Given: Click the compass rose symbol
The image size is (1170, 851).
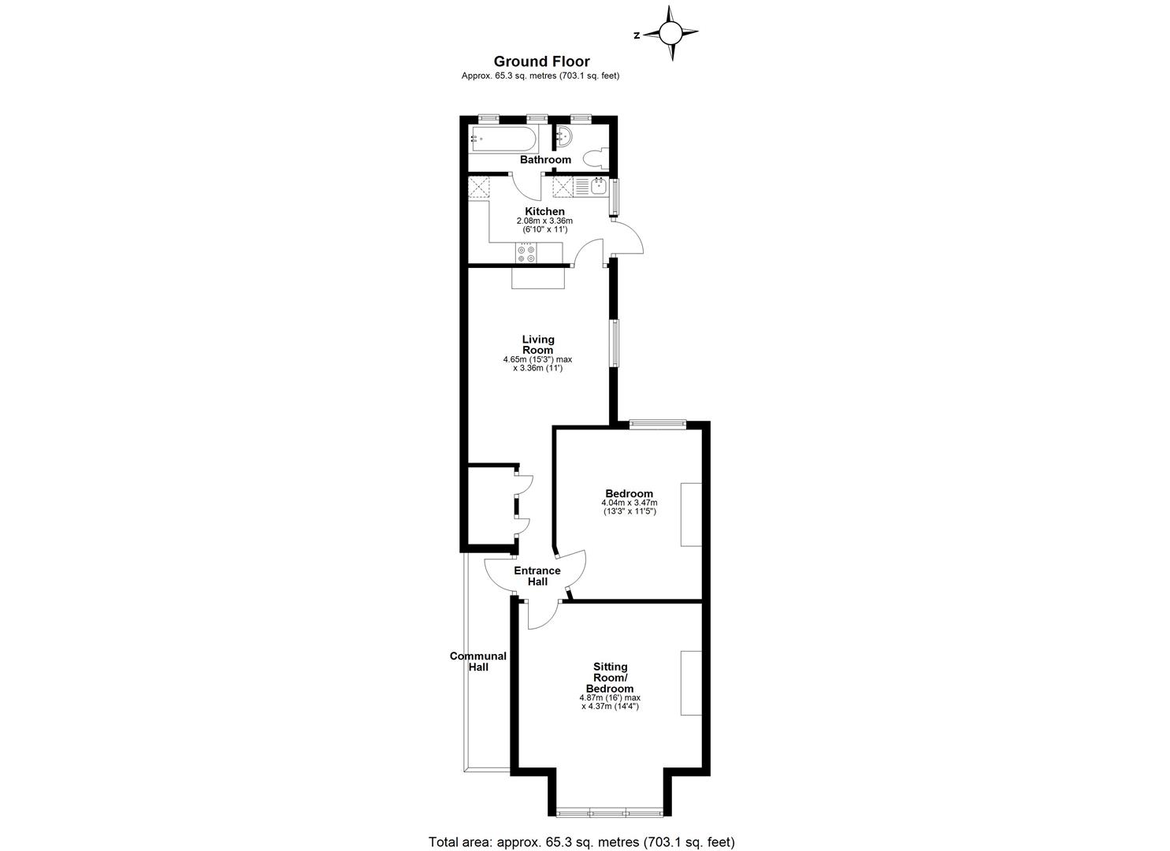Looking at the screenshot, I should pyautogui.click(x=670, y=33).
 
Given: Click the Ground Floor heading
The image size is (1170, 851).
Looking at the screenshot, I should pyautogui.click(x=541, y=61).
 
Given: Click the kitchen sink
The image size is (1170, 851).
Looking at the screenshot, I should pyautogui.click(x=596, y=187).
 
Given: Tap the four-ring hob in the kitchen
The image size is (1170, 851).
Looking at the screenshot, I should pyautogui.click(x=526, y=254).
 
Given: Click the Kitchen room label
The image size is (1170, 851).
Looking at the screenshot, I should pyautogui.click(x=544, y=211).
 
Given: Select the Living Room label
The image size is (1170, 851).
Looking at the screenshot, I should pyautogui.click(x=538, y=344).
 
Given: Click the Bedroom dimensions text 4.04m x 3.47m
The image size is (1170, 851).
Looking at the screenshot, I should pyautogui.click(x=629, y=503).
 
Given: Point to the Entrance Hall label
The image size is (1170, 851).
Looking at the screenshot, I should pyautogui.click(x=537, y=576).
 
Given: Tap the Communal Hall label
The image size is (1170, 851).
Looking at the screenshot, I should pyautogui.click(x=477, y=661).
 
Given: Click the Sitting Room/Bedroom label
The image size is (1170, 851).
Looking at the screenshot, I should pyautogui.click(x=610, y=678).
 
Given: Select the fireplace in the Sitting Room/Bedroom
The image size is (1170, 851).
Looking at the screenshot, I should pyautogui.click(x=691, y=683).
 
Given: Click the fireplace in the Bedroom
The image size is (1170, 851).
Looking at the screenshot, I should pyautogui.click(x=691, y=514).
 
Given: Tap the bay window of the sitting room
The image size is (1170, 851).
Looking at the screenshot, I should pyautogui.click(x=610, y=812).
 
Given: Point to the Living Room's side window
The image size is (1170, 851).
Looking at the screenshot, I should pyautogui.click(x=615, y=342).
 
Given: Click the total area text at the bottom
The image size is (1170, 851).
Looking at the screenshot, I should pyautogui.click(x=581, y=842).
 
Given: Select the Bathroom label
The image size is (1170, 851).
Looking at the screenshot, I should pyautogui.click(x=545, y=160).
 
